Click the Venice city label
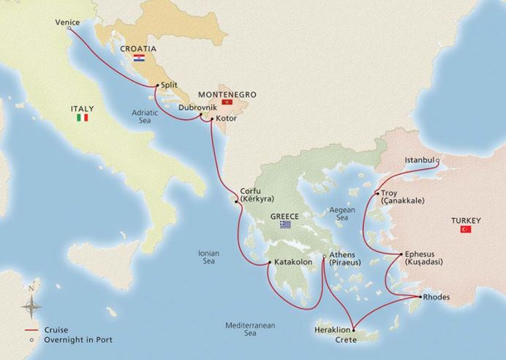tap(67, 22)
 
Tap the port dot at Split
tap(156, 86)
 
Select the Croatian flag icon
tap(138, 57)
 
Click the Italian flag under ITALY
tap(83, 117)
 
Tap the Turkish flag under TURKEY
tap(465, 230)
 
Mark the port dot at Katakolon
tap(269, 263)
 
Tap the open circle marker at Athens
tap(325, 256)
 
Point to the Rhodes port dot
tap(420, 297)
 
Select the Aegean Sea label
tap(341, 213)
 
